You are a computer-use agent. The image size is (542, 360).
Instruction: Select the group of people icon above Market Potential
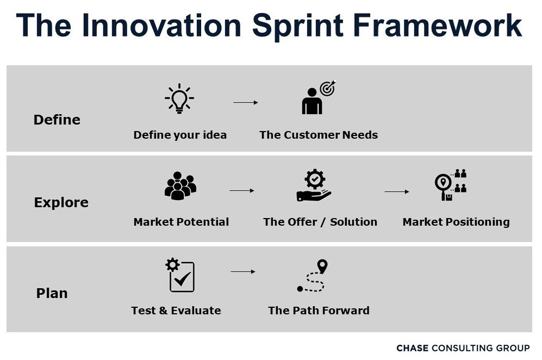click(x=180, y=185)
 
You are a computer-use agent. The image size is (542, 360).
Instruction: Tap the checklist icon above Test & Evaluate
click(x=180, y=275)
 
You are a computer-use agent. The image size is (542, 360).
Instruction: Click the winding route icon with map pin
click(x=312, y=276)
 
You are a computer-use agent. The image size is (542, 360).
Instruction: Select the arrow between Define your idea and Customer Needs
click(x=246, y=102)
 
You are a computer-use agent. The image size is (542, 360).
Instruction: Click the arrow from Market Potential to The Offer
click(x=242, y=190)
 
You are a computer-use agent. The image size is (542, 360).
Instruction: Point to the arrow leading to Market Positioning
click(x=397, y=191)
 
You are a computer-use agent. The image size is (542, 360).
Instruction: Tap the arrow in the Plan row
click(x=243, y=272)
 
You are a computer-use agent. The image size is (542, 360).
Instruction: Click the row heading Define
click(x=57, y=120)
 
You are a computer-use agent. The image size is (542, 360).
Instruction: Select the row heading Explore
click(x=61, y=203)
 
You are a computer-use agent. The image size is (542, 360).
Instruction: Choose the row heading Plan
click(x=52, y=293)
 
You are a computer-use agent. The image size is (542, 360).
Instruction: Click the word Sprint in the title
click(x=298, y=26)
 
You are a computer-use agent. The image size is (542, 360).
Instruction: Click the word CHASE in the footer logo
click(x=413, y=348)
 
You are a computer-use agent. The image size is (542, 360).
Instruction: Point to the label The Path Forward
click(x=319, y=311)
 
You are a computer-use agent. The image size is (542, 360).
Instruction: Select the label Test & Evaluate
click(x=176, y=311)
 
